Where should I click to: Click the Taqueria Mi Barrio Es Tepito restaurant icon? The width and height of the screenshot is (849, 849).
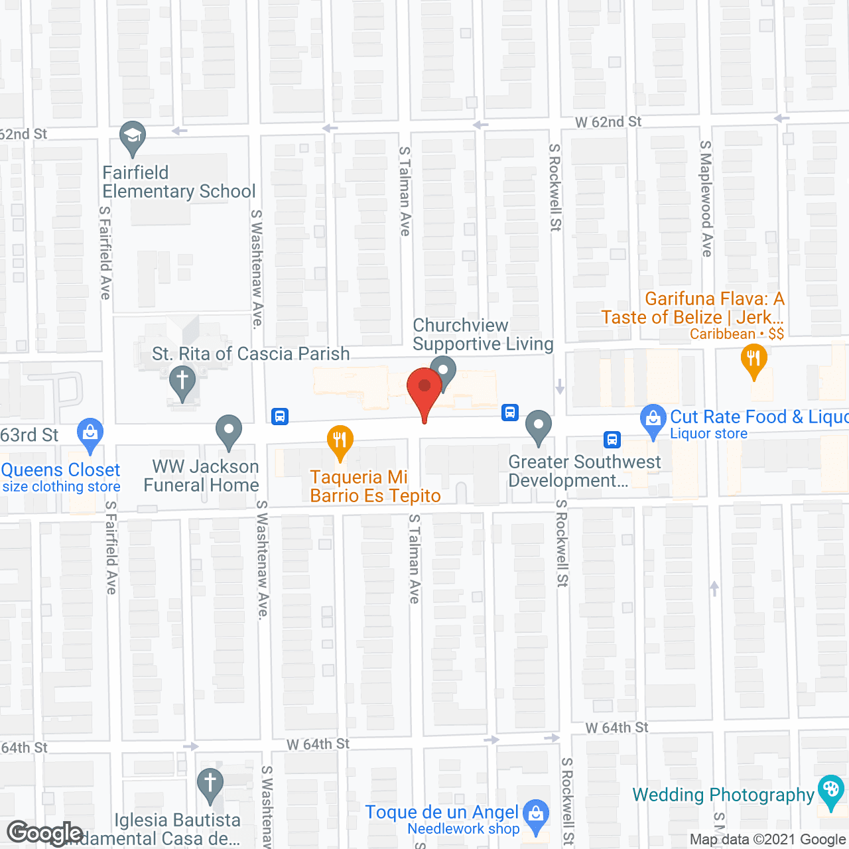340,440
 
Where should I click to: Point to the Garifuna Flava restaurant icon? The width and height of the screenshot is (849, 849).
753,359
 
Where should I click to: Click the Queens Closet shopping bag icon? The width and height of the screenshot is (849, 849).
90,432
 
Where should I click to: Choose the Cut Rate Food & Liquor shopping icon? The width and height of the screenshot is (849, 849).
653,419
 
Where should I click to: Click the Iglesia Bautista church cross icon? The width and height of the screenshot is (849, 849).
210,783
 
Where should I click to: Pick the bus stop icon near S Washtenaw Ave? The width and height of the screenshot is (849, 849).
280,417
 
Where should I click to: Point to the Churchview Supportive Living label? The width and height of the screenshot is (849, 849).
482,335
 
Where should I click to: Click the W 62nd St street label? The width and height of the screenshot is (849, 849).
608,122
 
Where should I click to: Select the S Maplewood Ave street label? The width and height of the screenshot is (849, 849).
706,199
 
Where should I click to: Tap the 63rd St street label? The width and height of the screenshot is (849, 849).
29,435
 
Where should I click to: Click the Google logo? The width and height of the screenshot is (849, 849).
44,833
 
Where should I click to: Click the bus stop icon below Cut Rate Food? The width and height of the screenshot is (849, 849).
612,439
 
